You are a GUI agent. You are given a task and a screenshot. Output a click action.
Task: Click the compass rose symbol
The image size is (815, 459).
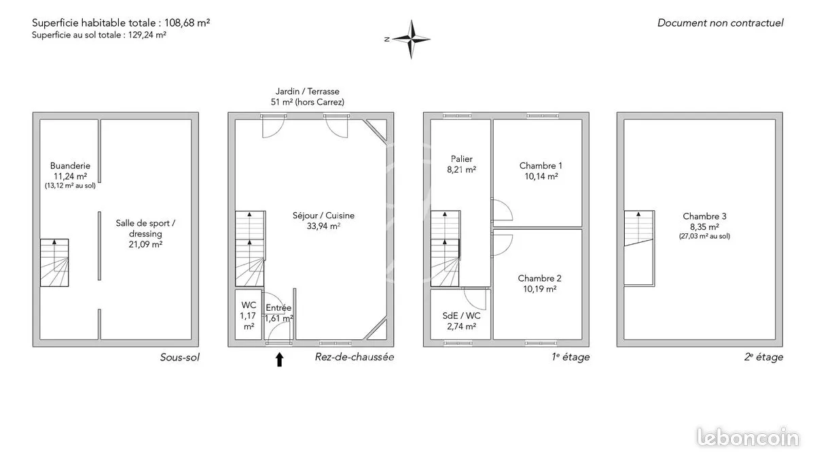[x=412, y=39]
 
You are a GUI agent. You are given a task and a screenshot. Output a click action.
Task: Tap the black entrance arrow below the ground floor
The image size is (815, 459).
[x=279, y=359]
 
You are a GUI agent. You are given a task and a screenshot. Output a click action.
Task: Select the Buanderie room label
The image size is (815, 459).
[x=70, y=166]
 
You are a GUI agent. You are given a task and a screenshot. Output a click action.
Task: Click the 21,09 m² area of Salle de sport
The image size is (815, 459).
[x=145, y=244]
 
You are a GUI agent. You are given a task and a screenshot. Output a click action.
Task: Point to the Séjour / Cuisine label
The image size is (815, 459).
[x=323, y=216]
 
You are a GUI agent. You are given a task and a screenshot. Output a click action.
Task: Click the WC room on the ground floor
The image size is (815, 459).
[x=249, y=315]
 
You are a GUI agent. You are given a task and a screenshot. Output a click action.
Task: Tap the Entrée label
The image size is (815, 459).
[x=278, y=308]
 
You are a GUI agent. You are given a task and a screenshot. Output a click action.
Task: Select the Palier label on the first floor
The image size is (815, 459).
[x=462, y=159]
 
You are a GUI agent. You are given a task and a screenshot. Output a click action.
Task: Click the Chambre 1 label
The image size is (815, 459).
[x=541, y=166]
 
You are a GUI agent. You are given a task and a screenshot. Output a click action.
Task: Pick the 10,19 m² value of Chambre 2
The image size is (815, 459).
[x=540, y=289]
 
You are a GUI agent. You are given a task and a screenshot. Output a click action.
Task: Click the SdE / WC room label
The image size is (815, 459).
[x=461, y=316]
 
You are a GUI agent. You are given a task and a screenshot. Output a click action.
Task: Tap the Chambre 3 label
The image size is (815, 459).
[x=704, y=216]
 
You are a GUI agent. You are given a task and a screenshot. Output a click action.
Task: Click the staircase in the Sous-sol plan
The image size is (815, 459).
[x=54, y=262]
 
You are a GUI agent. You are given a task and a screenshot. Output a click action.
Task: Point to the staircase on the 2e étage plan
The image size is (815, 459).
[x=639, y=248]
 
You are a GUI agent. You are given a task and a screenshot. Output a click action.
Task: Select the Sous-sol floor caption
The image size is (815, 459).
[x=180, y=358]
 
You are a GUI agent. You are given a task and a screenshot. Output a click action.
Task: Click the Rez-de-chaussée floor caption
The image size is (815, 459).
[x=355, y=357]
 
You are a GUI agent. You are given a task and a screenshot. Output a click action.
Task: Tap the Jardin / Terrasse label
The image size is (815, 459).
[x=308, y=91]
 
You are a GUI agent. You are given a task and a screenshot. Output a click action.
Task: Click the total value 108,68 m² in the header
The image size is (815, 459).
[x=187, y=23]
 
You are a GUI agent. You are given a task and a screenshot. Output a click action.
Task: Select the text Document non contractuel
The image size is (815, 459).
[x=721, y=23]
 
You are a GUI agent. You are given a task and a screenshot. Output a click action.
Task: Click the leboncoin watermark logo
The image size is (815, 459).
[x=748, y=438]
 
